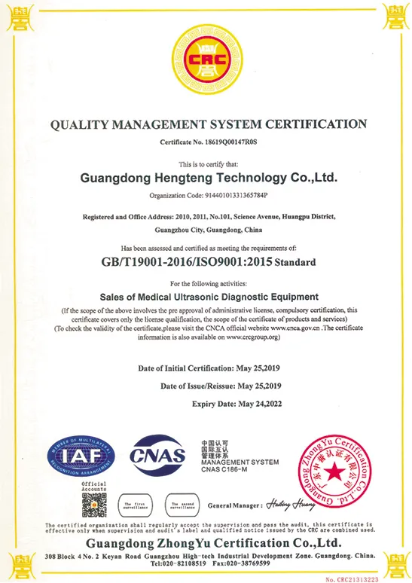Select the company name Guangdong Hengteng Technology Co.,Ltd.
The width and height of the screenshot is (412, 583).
[209, 179]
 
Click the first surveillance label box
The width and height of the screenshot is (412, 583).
[139, 505]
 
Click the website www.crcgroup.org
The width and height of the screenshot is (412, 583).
[252, 337]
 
